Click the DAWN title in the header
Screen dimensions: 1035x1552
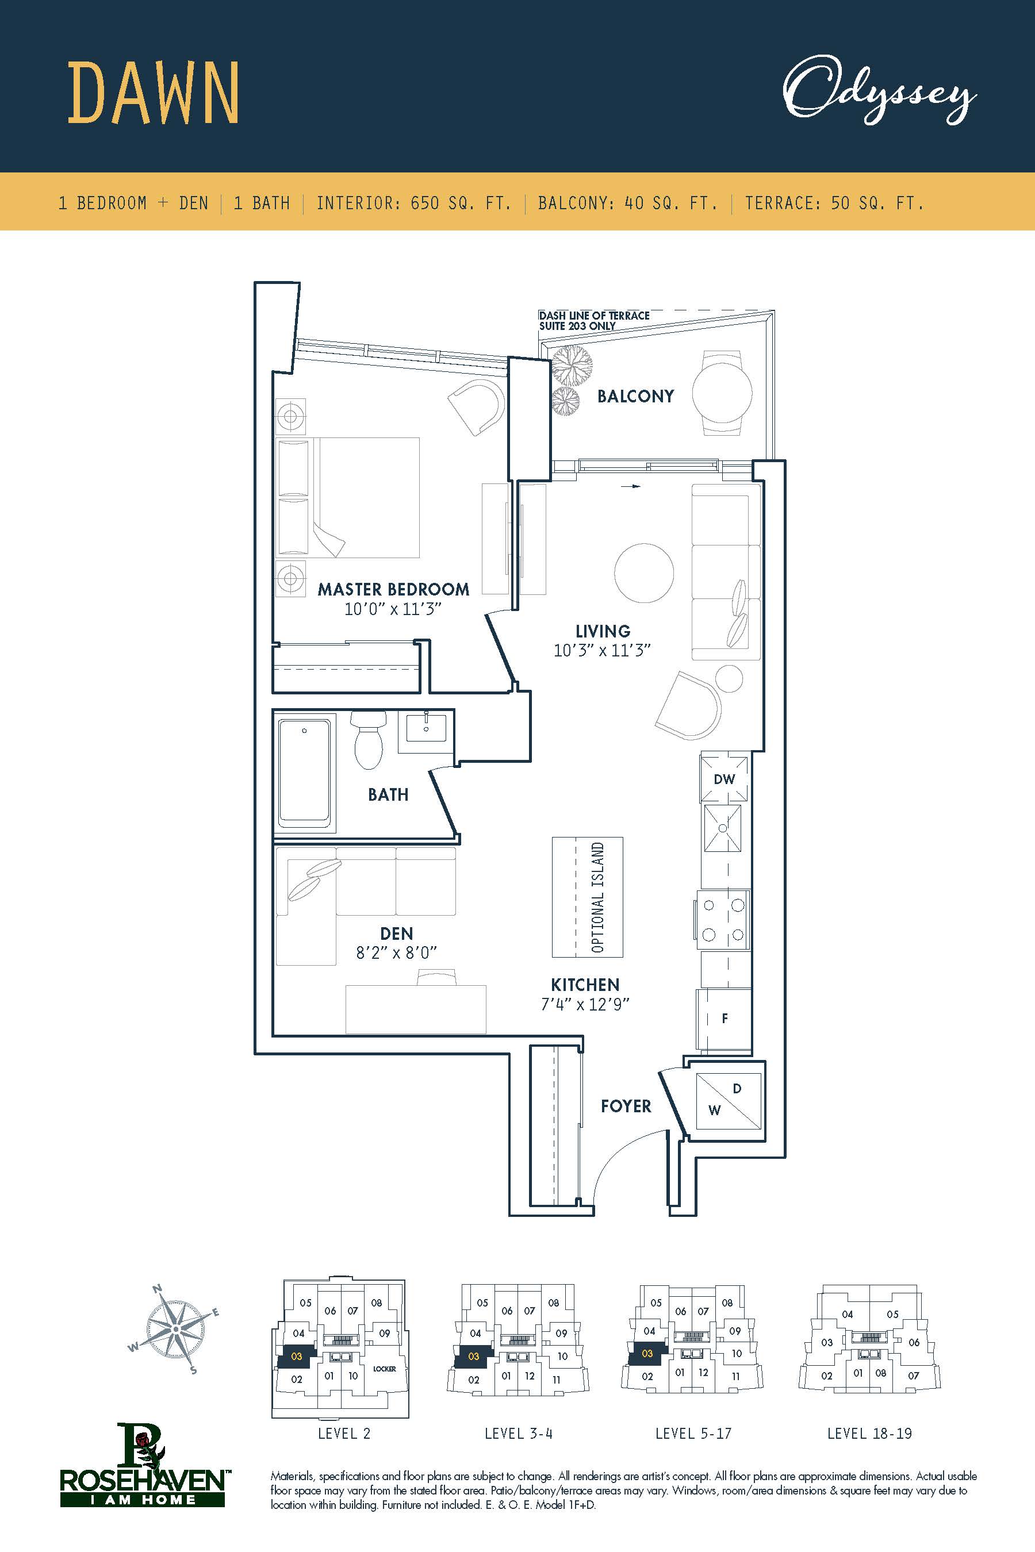point(153,93)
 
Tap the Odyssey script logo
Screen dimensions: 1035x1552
point(879,92)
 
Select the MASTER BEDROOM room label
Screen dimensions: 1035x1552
point(393,589)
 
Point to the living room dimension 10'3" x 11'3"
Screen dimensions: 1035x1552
point(602,651)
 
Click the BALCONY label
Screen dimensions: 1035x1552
point(635,396)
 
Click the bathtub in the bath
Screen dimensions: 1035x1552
point(304,773)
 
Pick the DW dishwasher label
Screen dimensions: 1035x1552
point(724,779)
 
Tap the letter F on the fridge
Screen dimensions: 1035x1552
point(724,1018)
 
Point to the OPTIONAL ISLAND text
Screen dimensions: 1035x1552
point(598,897)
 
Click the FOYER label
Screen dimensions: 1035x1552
point(626,1105)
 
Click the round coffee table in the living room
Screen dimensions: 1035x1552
point(643,572)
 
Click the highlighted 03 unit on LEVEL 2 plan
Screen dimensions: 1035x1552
point(296,1357)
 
